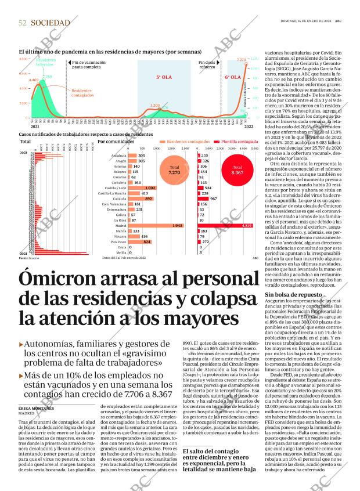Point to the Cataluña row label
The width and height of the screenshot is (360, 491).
[x=120, y=198]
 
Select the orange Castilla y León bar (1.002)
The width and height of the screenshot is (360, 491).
[x=142, y=188]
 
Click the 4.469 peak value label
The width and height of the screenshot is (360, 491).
[x=34, y=80]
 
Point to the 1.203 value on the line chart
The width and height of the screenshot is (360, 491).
[x=155, y=106]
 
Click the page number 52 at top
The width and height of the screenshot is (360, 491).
[x=23, y=23]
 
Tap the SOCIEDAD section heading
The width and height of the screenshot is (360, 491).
[x=51, y=23]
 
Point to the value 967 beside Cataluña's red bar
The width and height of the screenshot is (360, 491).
[x=214, y=198]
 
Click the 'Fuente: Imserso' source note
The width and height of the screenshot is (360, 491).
[x=29, y=258]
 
